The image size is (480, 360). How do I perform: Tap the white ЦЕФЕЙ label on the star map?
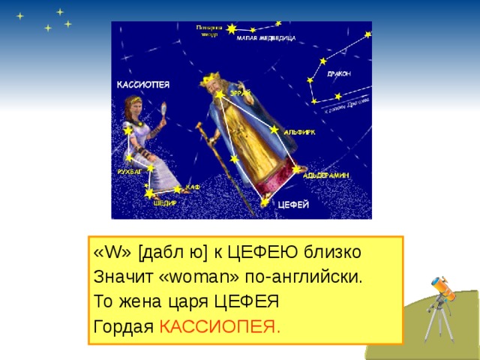[x=293, y=204]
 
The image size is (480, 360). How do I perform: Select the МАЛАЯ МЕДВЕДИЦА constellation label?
[x=266, y=37]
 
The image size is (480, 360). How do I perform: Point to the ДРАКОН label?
[x=339, y=73]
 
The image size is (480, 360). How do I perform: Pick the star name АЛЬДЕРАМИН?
[x=326, y=175]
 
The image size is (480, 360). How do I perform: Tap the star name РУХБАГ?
[x=130, y=172]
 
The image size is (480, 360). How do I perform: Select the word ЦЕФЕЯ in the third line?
[x=247, y=301]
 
